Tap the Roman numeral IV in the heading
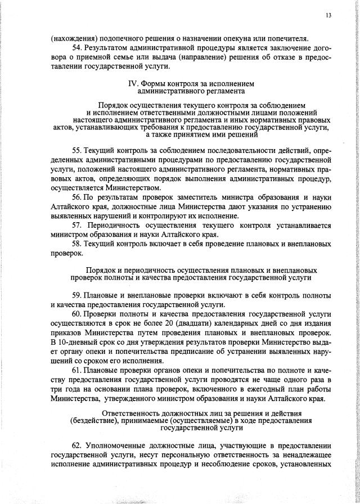coord(133,84)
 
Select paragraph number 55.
coord(78,151)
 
